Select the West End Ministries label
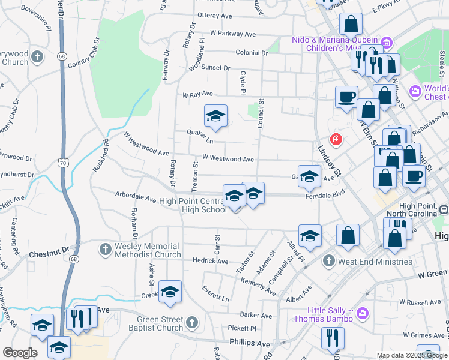click(x=374, y=262)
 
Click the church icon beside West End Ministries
click(x=328, y=261)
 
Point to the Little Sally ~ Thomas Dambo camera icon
click(x=362, y=313)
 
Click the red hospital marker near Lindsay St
click(x=336, y=140)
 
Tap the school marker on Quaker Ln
click(x=215, y=117)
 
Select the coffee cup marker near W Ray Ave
click(x=346, y=97)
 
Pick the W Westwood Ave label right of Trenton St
click(x=228, y=158)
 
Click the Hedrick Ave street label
click(x=211, y=262)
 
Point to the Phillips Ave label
click(x=250, y=343)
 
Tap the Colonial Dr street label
click(x=252, y=53)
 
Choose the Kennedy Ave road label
click(x=258, y=286)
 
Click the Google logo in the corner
click(x=20, y=353)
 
